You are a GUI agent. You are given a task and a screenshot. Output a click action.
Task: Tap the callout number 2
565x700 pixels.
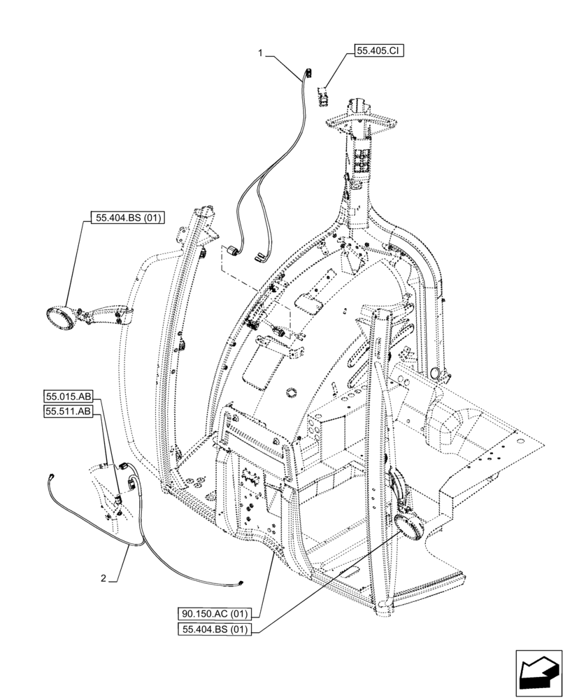(x=103, y=578)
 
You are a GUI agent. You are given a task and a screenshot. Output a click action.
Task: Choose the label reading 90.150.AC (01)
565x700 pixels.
(x=218, y=614)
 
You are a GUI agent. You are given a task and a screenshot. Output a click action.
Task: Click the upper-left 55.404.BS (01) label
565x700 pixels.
(x=127, y=218)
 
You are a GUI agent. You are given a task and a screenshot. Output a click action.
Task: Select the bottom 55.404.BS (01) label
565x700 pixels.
(x=218, y=629)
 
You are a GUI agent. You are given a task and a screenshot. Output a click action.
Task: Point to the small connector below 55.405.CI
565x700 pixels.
(x=323, y=94)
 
